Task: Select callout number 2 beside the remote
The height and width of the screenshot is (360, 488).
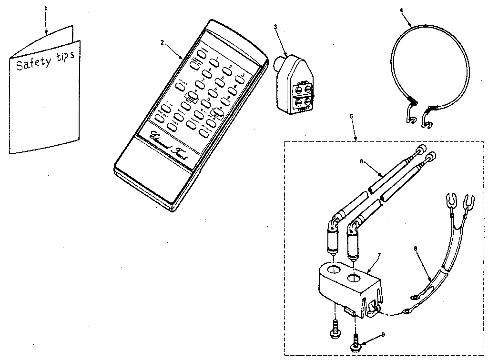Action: click(162, 42)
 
